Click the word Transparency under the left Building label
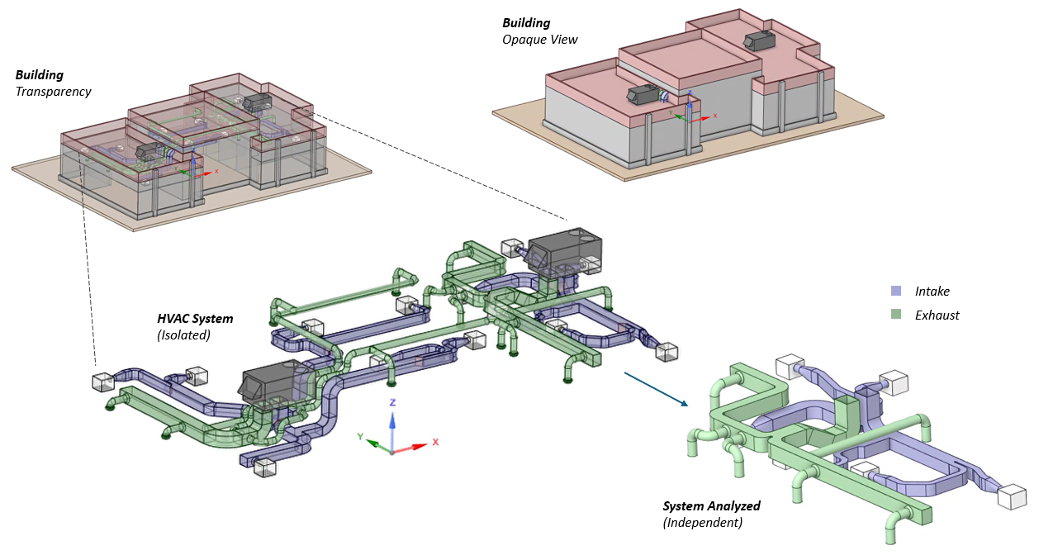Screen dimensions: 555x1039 (x=53, y=91)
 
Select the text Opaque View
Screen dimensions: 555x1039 (x=539, y=39)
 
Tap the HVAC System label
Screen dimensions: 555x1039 (x=195, y=319)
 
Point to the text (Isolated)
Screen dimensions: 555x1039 (x=183, y=334)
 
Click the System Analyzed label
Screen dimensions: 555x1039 (x=711, y=506)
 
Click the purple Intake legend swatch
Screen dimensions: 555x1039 (x=895, y=292)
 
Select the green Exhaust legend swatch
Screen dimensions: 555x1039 (x=895, y=315)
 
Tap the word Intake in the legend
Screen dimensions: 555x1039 (x=932, y=292)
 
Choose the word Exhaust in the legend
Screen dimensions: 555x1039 (x=937, y=315)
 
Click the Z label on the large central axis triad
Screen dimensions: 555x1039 (x=393, y=402)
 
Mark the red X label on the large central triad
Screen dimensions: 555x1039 (x=435, y=442)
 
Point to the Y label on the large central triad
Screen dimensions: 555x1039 (x=360, y=435)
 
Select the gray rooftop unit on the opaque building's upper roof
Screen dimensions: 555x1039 (x=757, y=40)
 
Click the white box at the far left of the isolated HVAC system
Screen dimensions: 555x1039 (x=102, y=382)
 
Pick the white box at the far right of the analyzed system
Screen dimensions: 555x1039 (x=1012, y=497)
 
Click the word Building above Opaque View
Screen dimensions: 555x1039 (x=526, y=23)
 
